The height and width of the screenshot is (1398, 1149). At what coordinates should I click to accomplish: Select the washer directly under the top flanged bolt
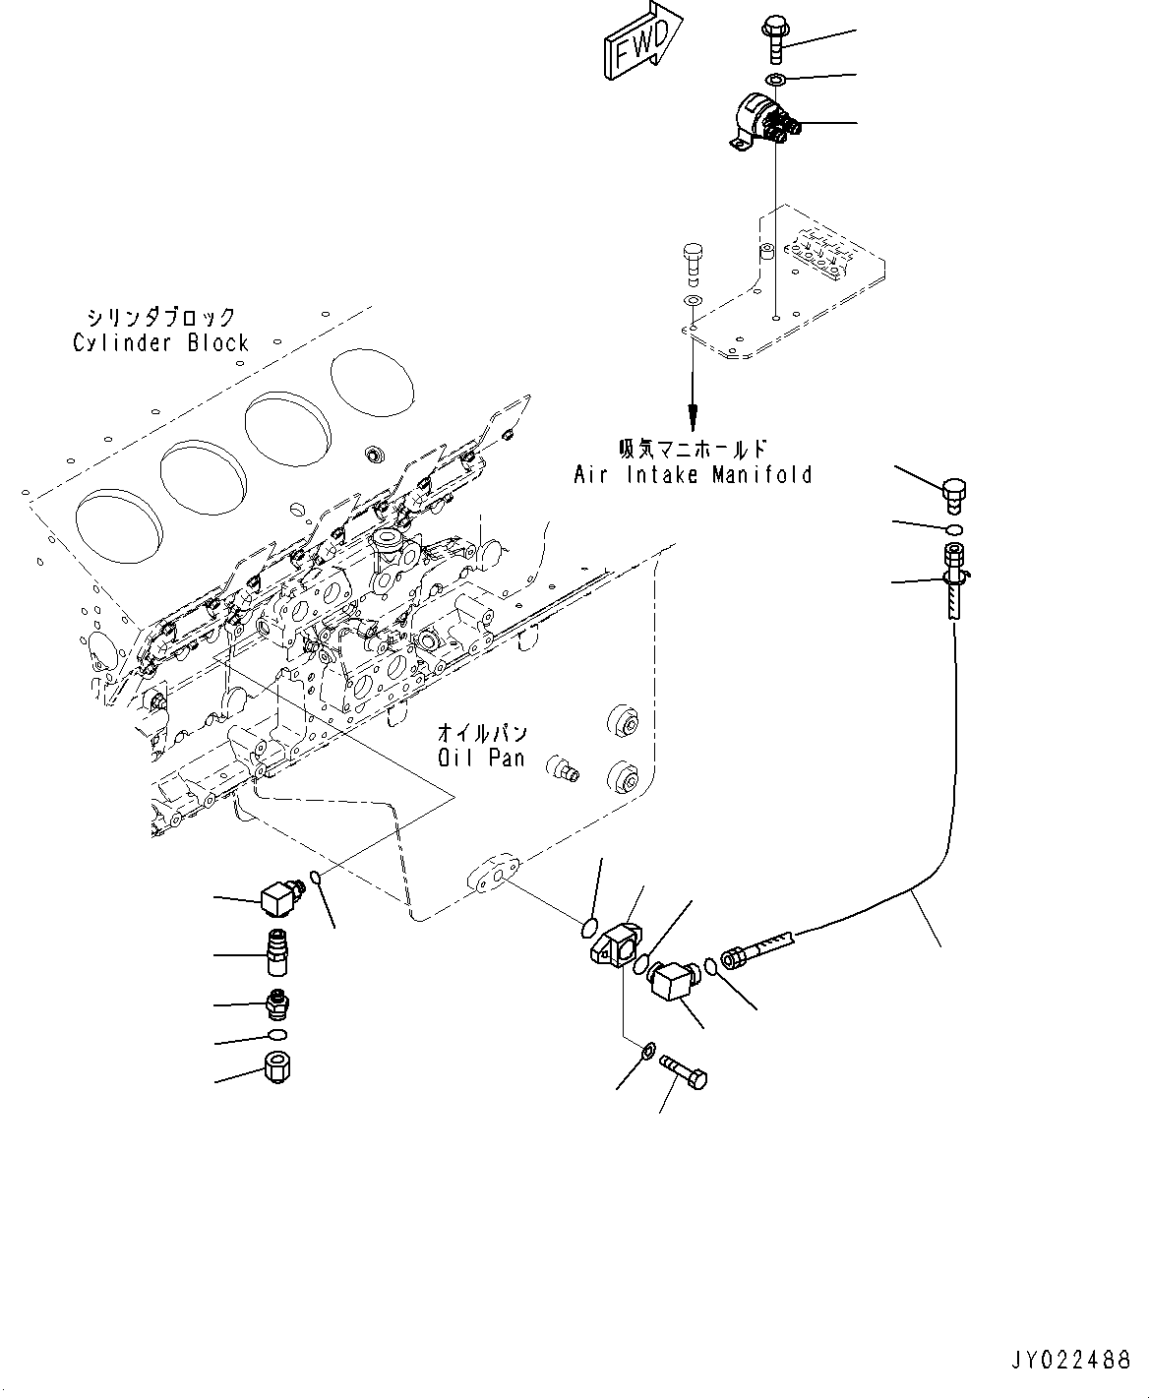pyautogui.click(x=774, y=79)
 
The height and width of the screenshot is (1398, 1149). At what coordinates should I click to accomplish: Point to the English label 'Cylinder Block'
pyautogui.click(x=161, y=343)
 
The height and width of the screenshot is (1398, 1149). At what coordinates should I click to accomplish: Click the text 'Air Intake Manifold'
pyautogui.click(x=693, y=475)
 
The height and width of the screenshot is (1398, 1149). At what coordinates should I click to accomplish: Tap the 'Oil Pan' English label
pyautogui.click(x=481, y=759)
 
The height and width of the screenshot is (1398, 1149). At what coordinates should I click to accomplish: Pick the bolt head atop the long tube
pyautogui.click(x=953, y=495)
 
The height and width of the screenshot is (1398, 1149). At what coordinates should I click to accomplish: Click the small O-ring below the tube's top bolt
pyautogui.click(x=953, y=531)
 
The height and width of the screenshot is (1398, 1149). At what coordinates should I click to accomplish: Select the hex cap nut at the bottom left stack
pyautogui.click(x=277, y=1066)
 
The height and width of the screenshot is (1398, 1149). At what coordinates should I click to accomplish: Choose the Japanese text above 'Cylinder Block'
pyautogui.click(x=161, y=317)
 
